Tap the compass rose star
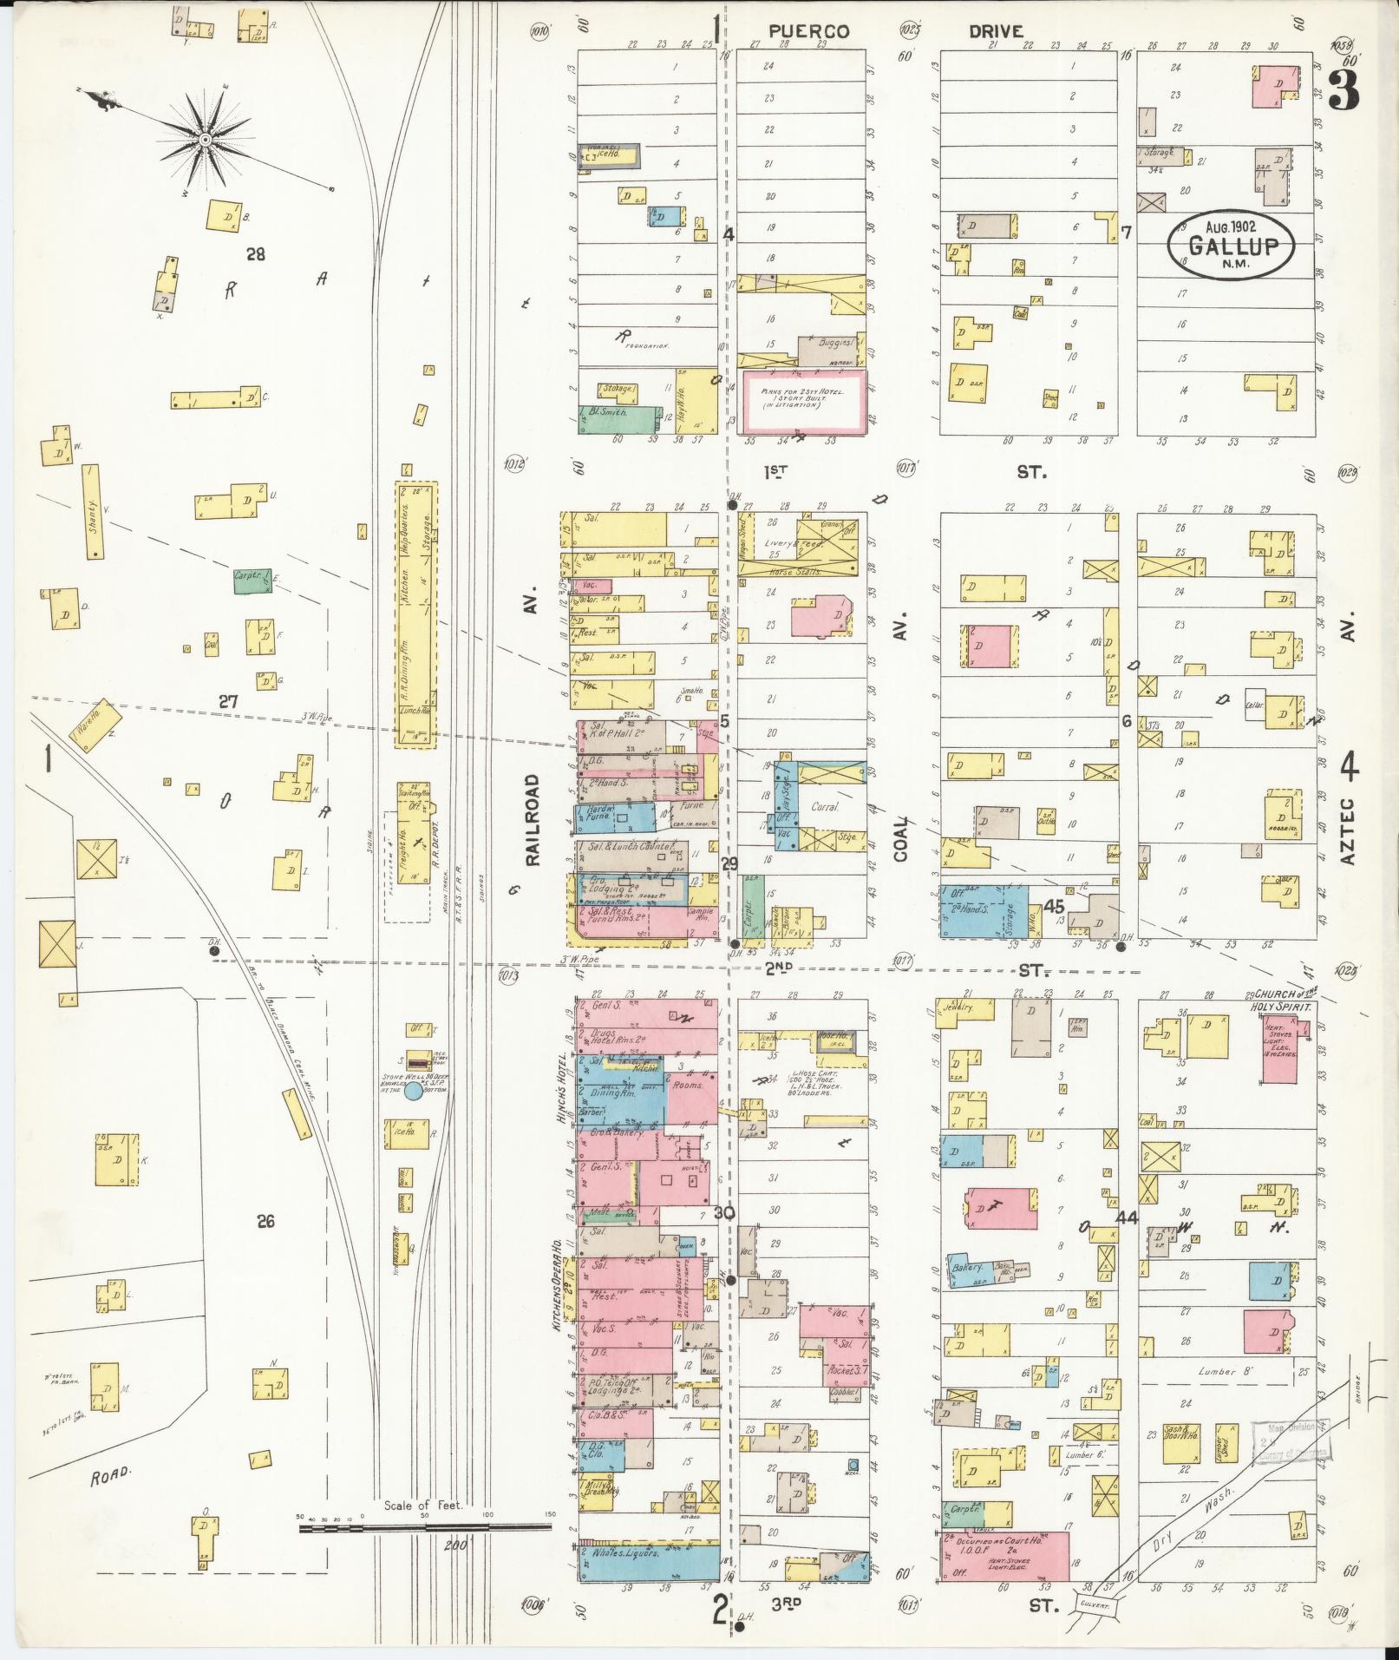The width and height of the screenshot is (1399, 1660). (x=206, y=139)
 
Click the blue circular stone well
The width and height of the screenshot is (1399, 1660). (x=414, y=1092)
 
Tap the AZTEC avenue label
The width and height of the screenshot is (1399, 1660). (x=1347, y=831)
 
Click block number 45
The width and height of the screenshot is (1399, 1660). (x=1054, y=906)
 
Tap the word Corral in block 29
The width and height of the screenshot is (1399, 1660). (x=826, y=807)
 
